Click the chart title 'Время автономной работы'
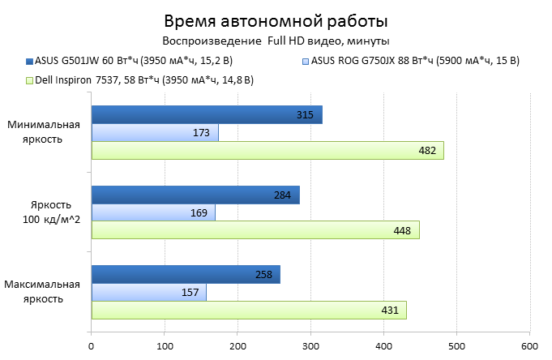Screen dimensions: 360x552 pyautogui.click(x=276, y=20)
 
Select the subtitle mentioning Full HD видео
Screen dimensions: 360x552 pyautogui.click(x=276, y=41)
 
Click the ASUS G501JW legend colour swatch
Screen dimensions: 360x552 pyautogui.click(x=29, y=61)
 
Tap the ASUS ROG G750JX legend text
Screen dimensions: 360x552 pyautogui.click(x=415, y=61)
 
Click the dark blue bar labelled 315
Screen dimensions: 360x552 pyautogui.click(x=207, y=115)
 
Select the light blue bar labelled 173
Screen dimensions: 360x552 pyautogui.click(x=155, y=132)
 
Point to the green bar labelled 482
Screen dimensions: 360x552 pyautogui.click(x=267, y=150)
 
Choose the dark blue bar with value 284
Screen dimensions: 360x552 pyautogui.click(x=195, y=195)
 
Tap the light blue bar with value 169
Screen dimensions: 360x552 pyautogui.click(x=153, y=212)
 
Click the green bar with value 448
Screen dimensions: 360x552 pyautogui.click(x=255, y=230)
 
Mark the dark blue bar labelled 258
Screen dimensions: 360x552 pyautogui.click(x=186, y=274)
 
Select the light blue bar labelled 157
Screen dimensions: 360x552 pyautogui.click(x=149, y=292)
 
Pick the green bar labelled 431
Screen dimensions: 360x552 pyautogui.click(x=249, y=310)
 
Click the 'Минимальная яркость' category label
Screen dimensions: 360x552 pyautogui.click(x=45, y=132)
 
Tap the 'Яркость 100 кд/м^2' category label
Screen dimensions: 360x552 pyautogui.click(x=45, y=212)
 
